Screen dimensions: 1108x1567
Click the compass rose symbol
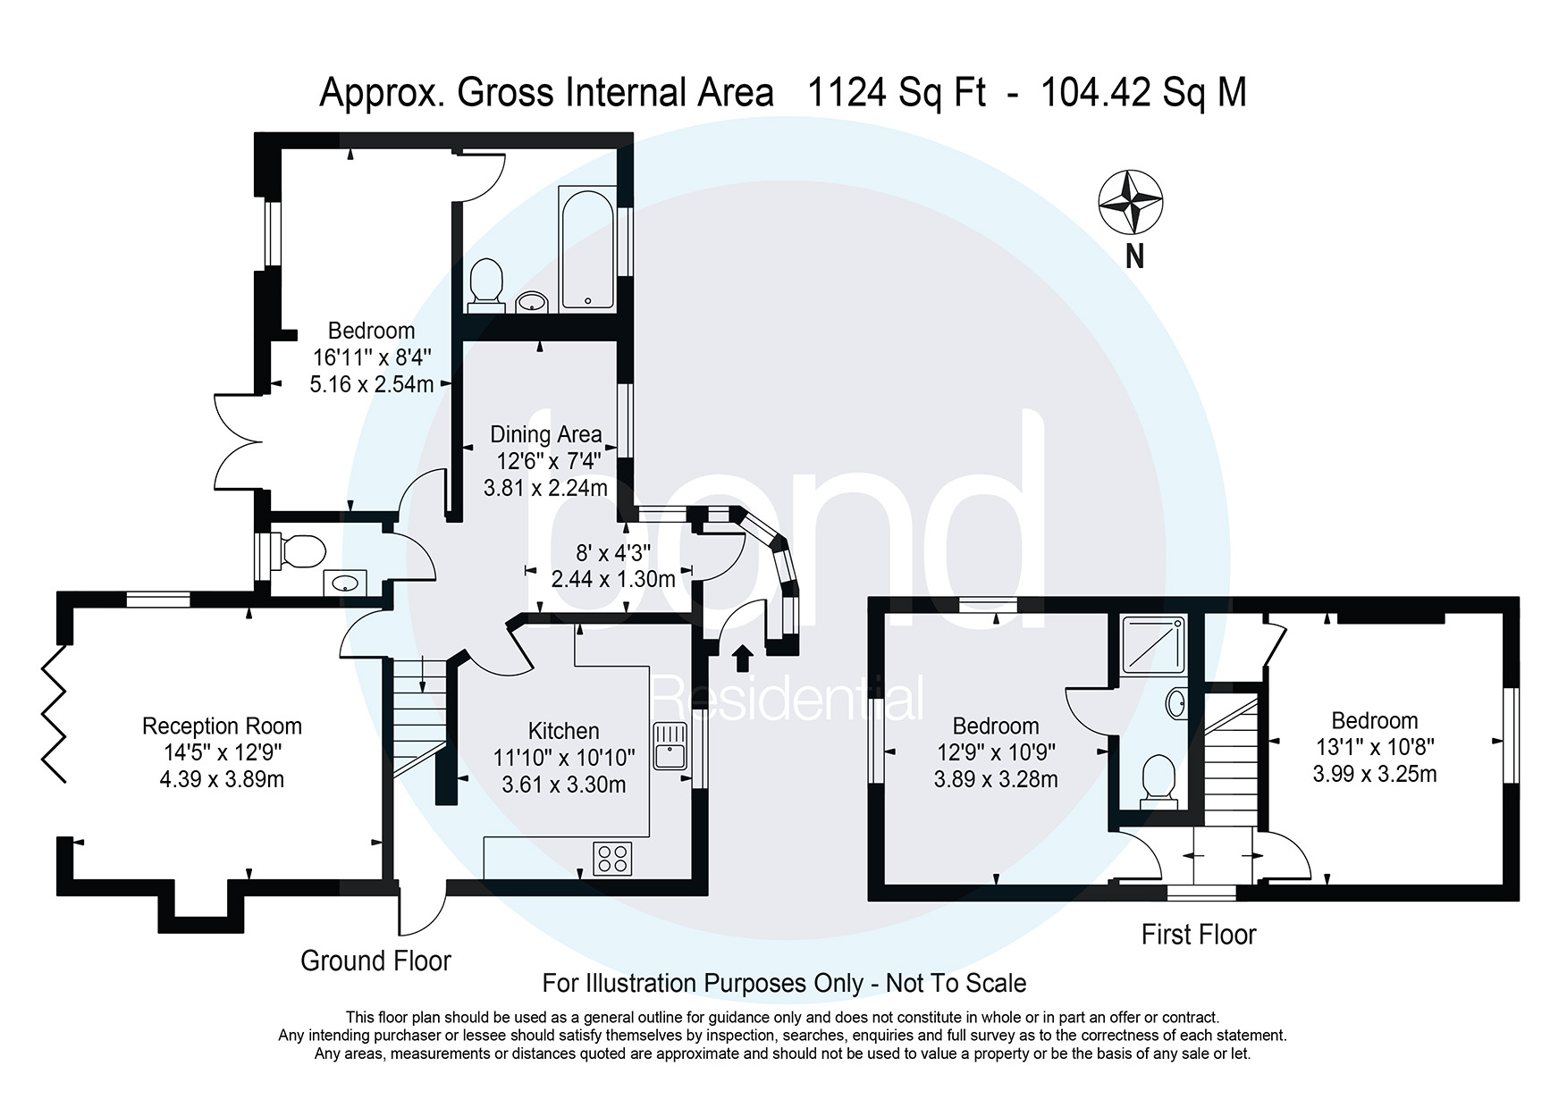(x=1130, y=203)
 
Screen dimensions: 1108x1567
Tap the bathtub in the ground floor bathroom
(x=587, y=248)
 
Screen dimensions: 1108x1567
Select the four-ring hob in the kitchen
(x=612, y=859)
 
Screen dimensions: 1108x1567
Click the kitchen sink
(x=668, y=746)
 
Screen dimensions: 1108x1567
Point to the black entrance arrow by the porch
(x=742, y=659)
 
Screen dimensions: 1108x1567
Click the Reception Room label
(x=222, y=726)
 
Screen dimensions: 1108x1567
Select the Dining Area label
(x=545, y=435)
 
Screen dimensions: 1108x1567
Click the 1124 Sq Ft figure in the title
(x=897, y=93)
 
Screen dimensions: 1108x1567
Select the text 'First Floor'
(x=1198, y=935)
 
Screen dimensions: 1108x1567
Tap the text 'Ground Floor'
(x=375, y=961)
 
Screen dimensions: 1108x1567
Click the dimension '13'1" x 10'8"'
(x=1374, y=747)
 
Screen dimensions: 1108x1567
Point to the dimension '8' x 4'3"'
(x=612, y=552)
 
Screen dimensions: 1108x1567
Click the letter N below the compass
(x=1134, y=257)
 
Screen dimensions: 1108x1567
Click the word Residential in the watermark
(x=787, y=699)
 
